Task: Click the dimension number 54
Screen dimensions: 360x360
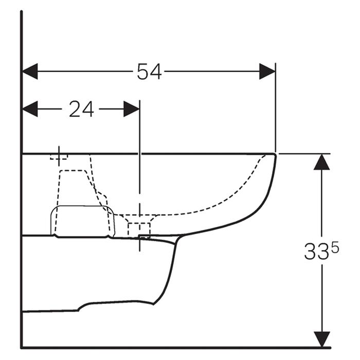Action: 149,71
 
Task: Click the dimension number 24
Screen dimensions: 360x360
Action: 81,109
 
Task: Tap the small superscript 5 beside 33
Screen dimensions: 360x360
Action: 335,248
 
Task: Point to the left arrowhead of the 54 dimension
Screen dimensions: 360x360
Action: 30,71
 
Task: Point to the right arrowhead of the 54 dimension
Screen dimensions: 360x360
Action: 267,71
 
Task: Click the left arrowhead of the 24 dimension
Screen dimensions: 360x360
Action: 30,109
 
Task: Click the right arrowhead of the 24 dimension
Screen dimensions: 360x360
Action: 132,109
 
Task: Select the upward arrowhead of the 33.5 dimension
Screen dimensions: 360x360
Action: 321,162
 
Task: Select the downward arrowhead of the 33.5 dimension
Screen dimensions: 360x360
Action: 321,339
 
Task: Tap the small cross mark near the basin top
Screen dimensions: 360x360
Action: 59,156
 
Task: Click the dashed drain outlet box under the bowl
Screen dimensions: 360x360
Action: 139,230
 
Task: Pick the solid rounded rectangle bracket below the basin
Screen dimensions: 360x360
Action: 82,221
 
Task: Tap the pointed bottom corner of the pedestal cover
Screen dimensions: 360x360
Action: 153,304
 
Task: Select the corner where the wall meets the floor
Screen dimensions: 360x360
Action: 22,348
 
